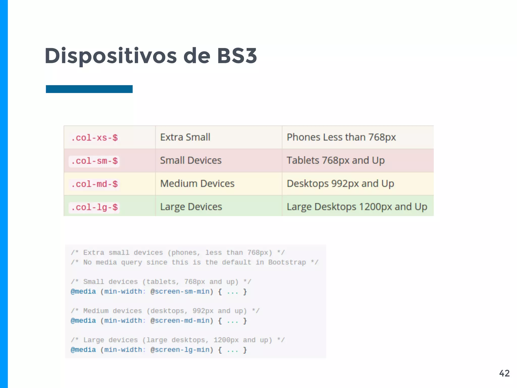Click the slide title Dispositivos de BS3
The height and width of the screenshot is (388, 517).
coord(151,56)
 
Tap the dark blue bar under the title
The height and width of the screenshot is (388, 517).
coord(89,89)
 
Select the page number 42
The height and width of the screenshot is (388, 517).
coord(504,373)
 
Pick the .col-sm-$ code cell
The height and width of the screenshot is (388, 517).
coord(94,161)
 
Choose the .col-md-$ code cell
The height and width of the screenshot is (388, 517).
coord(94,184)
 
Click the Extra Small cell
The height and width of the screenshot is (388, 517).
coord(185,137)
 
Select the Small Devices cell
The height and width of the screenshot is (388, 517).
coord(191,161)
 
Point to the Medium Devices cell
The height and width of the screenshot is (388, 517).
coord(197,184)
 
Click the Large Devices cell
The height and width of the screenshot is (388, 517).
coord(191,207)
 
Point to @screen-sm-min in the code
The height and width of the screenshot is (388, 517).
coord(180,292)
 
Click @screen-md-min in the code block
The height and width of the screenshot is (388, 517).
coord(180,321)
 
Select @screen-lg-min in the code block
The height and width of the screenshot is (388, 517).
coord(180,350)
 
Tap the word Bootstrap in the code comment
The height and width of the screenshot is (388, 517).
coord(287,262)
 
